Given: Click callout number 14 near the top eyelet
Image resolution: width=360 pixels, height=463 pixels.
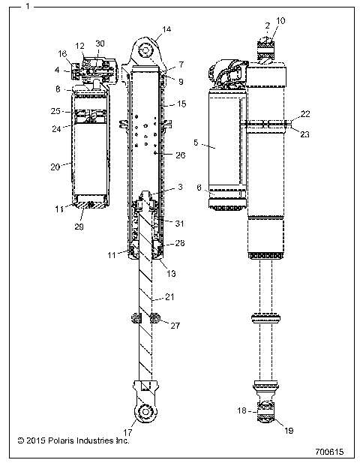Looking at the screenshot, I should [166, 29].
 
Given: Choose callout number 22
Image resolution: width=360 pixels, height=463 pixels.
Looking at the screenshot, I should [304, 113].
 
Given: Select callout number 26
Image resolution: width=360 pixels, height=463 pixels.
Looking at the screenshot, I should [180, 156].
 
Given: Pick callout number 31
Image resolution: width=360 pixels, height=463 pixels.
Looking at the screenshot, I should [178, 222].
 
